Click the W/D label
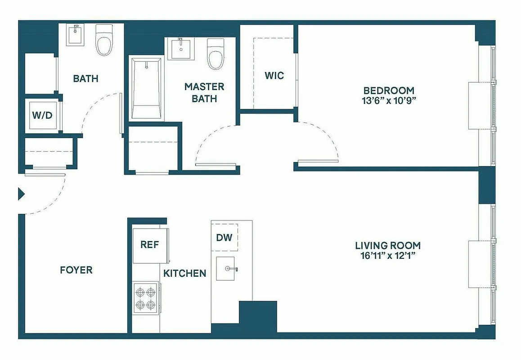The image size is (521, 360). click(42, 115)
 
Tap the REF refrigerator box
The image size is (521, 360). click(150, 245)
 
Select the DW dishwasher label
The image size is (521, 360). click(224, 237)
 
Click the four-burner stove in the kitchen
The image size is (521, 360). click(146, 298)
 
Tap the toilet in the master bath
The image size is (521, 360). click(216, 54)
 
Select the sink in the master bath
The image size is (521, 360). click(181, 49)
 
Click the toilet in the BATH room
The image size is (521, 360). click(104, 40)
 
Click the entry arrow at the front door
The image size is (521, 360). click(21, 194)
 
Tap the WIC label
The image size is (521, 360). click(274, 75)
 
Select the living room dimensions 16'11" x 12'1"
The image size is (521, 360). click(388, 256)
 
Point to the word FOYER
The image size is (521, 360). click(76, 270)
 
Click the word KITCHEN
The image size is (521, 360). click(184, 273)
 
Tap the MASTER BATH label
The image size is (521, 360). click(204, 92)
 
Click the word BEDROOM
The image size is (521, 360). click(389, 90)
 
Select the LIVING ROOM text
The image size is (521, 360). click(388, 246)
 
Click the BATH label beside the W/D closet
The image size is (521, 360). click(85, 79)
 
